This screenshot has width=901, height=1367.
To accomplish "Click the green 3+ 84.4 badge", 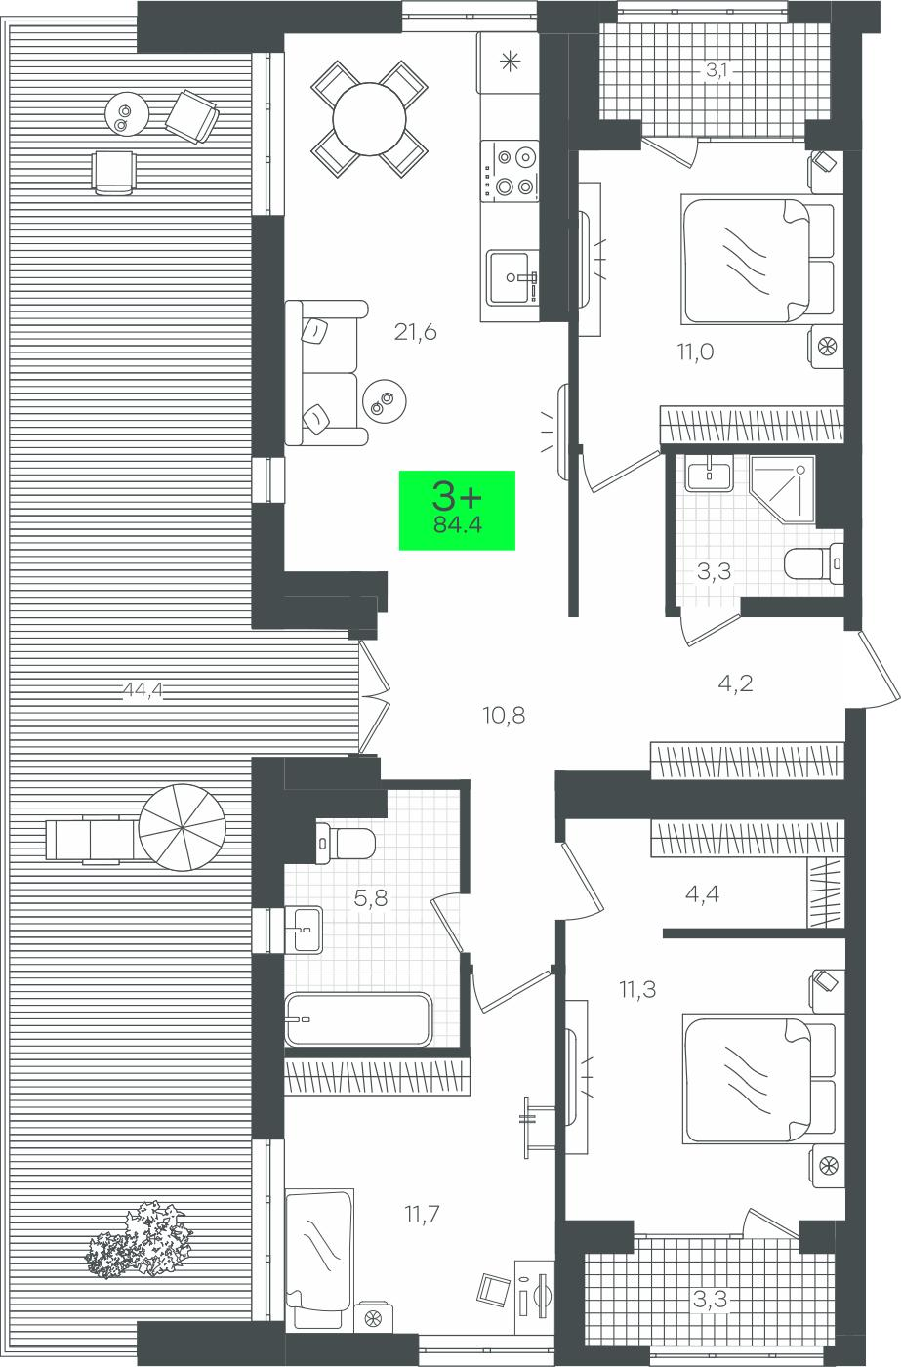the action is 457,510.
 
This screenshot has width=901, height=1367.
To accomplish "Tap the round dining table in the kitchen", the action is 369,119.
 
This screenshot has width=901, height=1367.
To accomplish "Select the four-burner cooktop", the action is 510,171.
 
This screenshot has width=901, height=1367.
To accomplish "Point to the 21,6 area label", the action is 416,333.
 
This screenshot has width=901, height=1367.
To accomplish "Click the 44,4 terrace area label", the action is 143,690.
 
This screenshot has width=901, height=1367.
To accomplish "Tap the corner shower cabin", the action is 783,489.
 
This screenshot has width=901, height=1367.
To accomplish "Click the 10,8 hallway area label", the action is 504,715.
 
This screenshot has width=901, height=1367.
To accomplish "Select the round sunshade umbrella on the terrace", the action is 183,828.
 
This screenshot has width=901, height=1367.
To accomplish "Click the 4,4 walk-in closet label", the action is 702,894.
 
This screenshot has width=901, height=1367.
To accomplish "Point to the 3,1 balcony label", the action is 717,71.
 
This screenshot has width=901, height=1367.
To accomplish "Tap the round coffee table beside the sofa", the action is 385,401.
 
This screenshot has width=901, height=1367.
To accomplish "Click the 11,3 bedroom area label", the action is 637,989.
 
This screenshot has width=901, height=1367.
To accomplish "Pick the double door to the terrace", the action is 374,695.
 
